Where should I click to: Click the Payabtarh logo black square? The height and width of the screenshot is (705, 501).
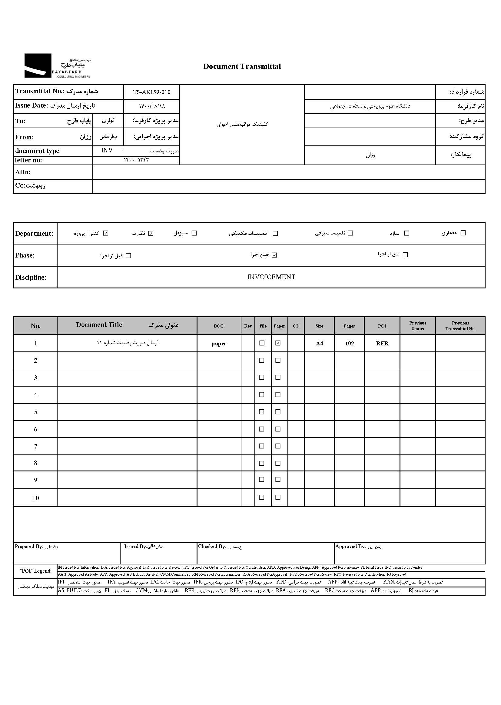[38, 65]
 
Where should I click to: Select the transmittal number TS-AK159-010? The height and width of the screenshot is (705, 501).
[151, 92]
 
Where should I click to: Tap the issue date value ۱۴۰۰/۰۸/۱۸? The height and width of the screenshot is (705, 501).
[151, 106]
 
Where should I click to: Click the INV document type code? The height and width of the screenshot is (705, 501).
[107, 151]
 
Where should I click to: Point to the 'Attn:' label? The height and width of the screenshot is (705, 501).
[23, 172]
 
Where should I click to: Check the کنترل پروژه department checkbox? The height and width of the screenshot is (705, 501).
[106, 233]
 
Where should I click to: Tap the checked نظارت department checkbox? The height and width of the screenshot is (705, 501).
[151, 233]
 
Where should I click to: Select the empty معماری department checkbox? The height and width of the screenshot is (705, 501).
[463, 233]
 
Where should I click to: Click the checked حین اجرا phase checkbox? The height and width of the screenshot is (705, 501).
[274, 255]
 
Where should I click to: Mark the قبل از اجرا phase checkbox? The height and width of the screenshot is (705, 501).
[129, 256]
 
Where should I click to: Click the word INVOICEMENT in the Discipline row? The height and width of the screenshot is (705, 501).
[271, 277]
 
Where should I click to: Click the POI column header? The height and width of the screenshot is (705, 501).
[382, 326]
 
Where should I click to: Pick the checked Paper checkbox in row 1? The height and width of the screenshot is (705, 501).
[278, 343]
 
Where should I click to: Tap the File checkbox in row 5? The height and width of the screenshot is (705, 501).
[262, 412]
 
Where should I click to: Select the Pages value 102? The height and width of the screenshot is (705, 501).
[349, 344]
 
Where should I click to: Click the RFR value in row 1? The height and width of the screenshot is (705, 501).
[382, 344]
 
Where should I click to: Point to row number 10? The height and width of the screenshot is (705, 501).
[35, 498]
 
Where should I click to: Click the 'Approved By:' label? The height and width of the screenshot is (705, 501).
[350, 547]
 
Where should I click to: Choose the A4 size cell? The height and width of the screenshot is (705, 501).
[319, 344]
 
